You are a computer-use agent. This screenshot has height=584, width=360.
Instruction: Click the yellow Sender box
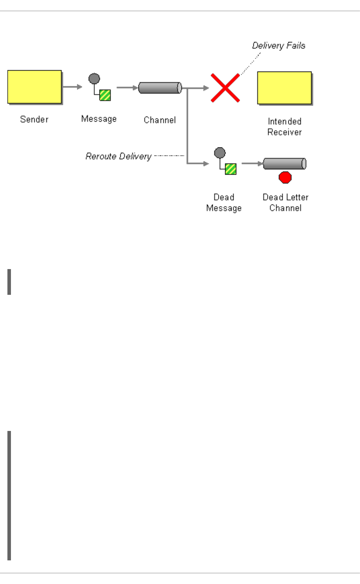pos(35,87)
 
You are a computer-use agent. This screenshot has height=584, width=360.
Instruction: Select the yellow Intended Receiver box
pos(284,88)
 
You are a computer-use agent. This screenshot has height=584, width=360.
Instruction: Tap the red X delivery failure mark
pos(225,88)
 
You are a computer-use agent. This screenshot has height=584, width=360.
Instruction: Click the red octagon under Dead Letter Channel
pos(285,177)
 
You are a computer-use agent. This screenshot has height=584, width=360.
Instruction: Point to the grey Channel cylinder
pos(160,88)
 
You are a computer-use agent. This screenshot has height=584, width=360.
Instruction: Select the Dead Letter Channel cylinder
pos(284,164)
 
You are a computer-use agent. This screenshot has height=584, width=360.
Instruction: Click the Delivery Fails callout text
pos(278,45)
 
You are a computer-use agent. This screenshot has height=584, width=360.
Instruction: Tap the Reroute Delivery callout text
pos(119,156)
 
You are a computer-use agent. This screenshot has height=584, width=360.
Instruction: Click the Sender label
pos(34,119)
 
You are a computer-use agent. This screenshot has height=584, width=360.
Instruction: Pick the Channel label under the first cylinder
pos(160,120)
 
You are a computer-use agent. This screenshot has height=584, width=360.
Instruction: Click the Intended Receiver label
pos(284,127)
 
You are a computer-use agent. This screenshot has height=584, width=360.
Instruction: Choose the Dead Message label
pos(224,202)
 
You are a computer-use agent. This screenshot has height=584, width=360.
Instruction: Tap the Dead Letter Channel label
pos(286,202)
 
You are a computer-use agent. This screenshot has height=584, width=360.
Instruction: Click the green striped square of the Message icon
pos(105,95)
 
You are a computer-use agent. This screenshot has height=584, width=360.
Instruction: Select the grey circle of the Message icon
pos(94,79)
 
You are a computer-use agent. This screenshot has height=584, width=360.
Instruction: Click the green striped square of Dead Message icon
pos(231,169)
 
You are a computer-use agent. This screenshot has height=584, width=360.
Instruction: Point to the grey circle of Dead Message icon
pos(220,153)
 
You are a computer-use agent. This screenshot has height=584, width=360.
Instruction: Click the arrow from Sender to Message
pos(72,87)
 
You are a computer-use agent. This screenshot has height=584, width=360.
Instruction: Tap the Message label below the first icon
pos(99,119)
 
